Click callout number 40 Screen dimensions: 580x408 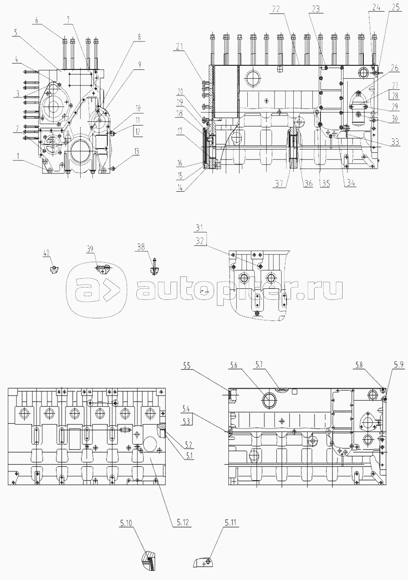(x=47, y=252)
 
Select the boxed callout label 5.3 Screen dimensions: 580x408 (x=187, y=421)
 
